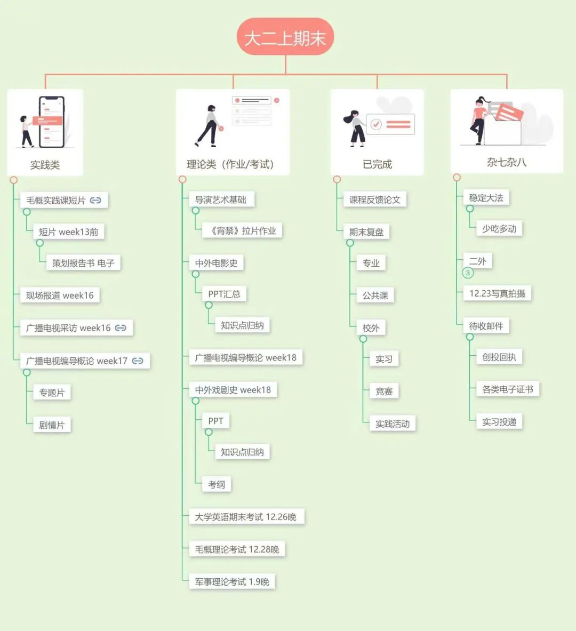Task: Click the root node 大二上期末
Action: coord(285,37)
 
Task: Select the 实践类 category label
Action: coord(45,165)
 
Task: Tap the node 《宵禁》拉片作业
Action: coord(243,230)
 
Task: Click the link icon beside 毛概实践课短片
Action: coord(95,200)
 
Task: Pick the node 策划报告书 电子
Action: coord(83,263)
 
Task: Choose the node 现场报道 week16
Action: coord(60,295)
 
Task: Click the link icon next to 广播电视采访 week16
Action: coord(121,328)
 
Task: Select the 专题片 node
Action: coord(52,393)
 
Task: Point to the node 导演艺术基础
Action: coord(220,199)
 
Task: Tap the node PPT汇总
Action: coord(224,294)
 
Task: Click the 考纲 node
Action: coord(217,484)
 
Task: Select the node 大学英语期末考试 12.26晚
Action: coord(245,517)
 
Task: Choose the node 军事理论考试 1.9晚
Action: coord(232,581)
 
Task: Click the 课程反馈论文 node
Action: coord(374,199)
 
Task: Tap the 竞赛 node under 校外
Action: coord(384,391)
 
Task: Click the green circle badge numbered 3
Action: coord(468,273)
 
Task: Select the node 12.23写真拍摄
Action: coord(497,293)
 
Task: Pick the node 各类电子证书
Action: coord(507,389)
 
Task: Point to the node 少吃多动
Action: coord(499,229)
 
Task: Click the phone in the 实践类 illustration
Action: coord(52,122)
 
